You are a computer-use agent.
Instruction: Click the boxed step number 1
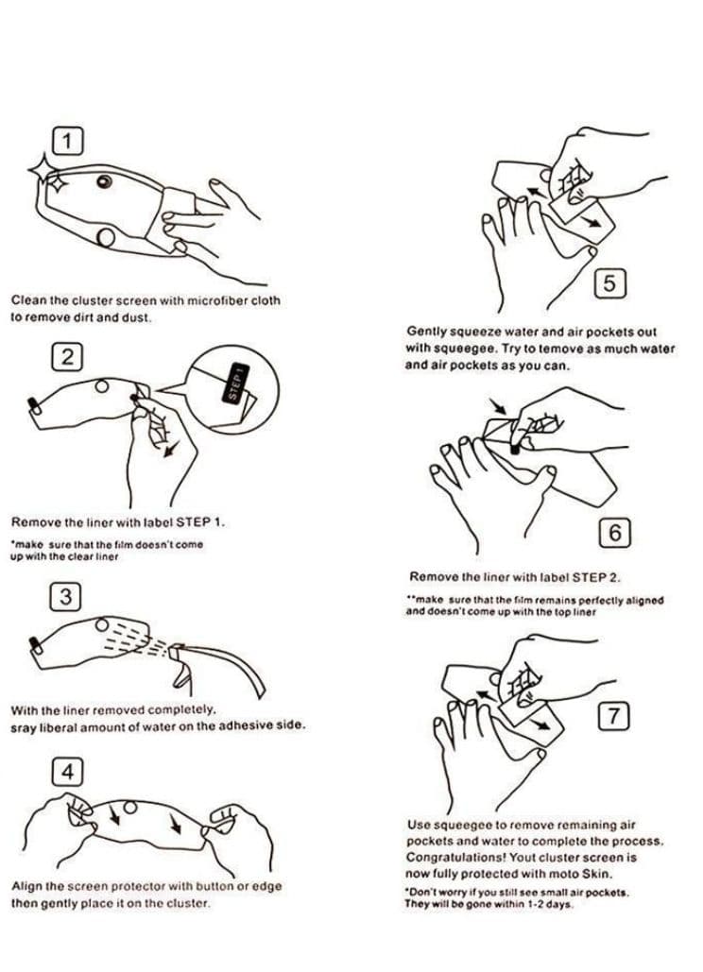click(68, 142)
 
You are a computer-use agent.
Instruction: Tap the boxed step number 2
click(67, 357)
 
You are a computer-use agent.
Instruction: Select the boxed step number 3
click(65, 596)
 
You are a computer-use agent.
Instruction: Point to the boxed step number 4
click(67, 773)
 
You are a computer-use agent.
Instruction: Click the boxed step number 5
click(610, 283)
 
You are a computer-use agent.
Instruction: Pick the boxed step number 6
click(614, 533)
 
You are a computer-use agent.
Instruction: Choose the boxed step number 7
click(613, 716)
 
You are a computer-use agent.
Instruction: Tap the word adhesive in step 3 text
click(246, 725)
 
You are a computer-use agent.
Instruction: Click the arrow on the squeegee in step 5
click(592, 221)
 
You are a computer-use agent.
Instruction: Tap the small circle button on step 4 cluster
click(130, 807)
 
